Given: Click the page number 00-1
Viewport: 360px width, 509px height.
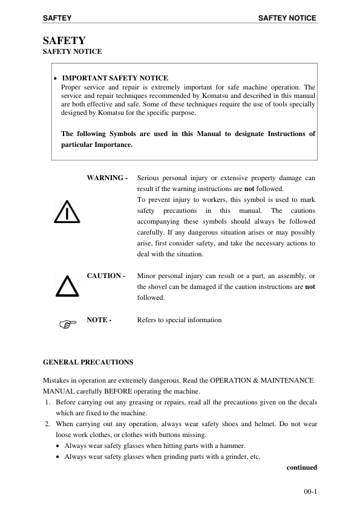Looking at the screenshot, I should click(x=310, y=492).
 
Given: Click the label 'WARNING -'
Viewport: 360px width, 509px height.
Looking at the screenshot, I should click(x=107, y=178).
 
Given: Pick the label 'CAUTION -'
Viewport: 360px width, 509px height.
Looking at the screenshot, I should click(x=106, y=276).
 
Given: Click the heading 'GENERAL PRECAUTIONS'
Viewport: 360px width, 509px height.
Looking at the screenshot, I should click(x=88, y=362).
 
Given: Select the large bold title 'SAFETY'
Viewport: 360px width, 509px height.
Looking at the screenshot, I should click(x=63, y=41).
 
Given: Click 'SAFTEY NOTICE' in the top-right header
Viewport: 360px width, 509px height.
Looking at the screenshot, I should click(x=287, y=18).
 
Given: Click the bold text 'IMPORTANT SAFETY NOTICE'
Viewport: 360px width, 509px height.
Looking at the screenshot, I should click(x=116, y=78).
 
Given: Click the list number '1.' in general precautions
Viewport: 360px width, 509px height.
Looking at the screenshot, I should click(x=48, y=402).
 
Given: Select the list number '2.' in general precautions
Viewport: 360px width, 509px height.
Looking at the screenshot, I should click(x=48, y=424).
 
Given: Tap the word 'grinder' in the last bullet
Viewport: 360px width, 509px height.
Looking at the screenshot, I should click(x=229, y=456).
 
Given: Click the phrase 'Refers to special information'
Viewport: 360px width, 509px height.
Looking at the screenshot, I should click(x=180, y=320).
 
